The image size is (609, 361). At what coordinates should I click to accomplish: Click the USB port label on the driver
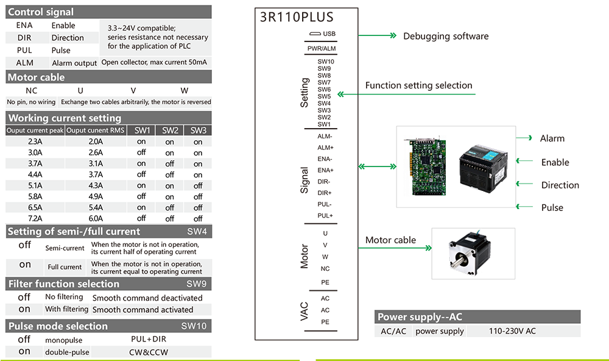329,34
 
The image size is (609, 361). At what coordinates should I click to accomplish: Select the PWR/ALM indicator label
322,49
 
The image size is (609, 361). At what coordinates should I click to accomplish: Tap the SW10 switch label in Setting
325,62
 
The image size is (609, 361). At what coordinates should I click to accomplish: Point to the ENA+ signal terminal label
325,170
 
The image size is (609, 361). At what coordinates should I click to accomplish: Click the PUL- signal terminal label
325,204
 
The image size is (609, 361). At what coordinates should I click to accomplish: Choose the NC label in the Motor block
325,269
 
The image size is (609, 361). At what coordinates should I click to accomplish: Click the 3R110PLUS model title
297,17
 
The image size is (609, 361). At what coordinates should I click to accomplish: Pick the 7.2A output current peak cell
35,219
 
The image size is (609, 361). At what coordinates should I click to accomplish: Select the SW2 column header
170,130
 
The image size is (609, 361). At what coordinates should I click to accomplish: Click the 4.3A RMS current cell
96,185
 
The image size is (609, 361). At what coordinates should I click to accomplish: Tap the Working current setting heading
65,118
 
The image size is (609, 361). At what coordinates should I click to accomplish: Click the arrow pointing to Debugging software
377,35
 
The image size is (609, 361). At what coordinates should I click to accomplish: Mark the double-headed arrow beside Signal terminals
377,166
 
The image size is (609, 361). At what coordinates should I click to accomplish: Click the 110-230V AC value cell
512,331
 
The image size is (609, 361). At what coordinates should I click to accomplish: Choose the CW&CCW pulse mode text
149,352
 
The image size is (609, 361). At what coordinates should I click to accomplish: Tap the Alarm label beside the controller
552,138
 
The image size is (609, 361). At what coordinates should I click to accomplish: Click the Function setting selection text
419,85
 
